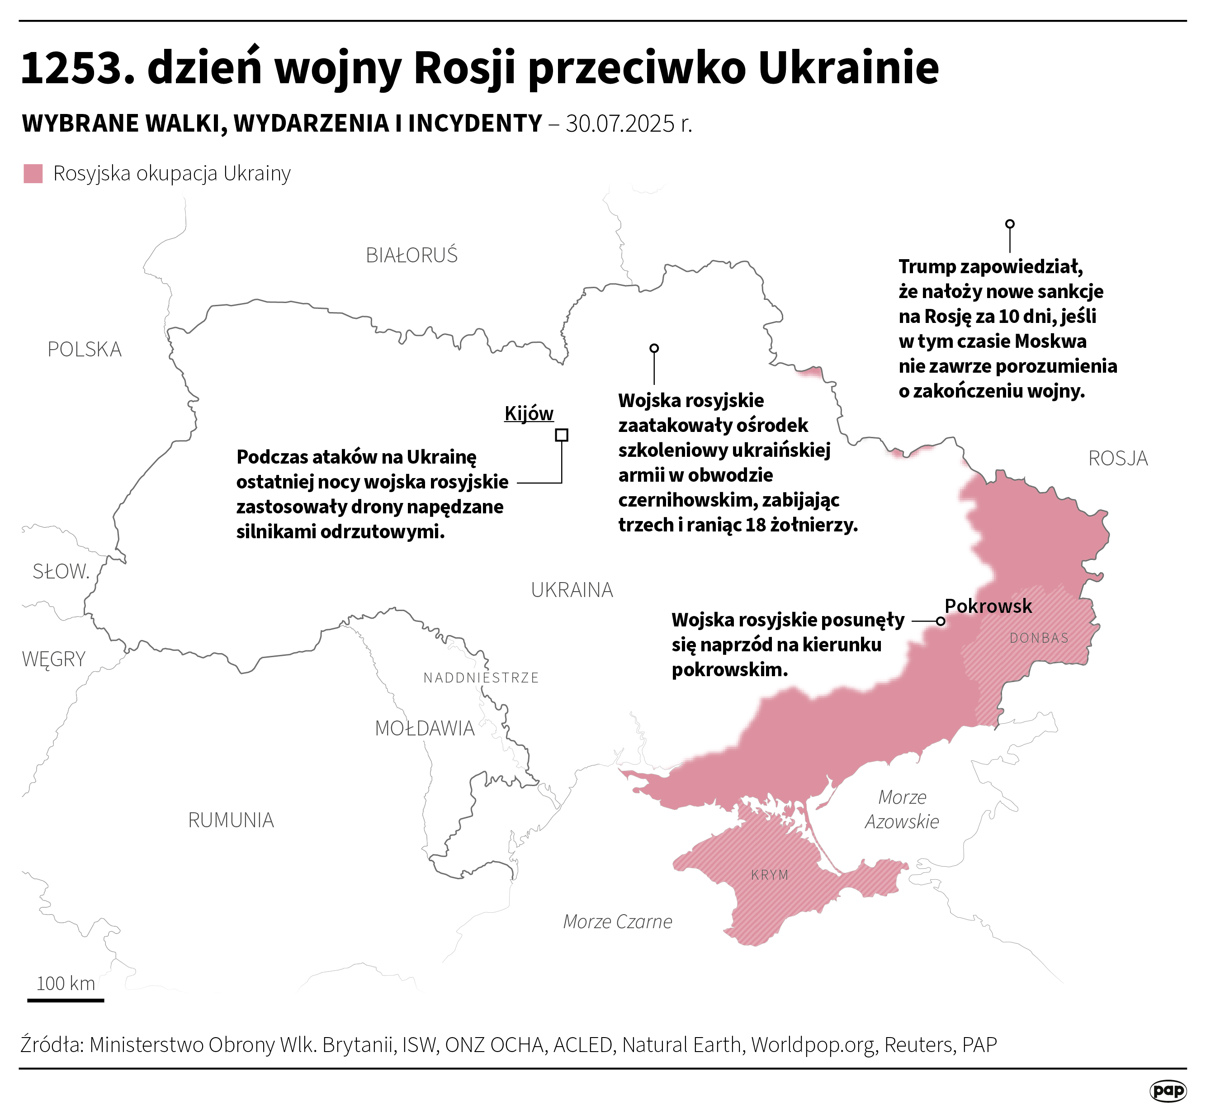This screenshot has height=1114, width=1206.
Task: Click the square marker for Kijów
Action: coord(561,435)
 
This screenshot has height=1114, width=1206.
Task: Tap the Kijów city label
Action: coord(529,413)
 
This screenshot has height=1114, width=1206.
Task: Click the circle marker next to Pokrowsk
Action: coord(940,621)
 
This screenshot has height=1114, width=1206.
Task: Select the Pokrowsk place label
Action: coord(988,606)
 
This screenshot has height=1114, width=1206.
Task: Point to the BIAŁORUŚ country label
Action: coord(411,256)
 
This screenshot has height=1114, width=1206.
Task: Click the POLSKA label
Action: coord(85,350)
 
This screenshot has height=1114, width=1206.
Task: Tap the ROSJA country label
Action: coord(1117,459)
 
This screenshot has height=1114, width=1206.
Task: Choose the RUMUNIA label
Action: coord(231,820)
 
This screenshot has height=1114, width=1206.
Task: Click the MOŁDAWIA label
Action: coord(424,728)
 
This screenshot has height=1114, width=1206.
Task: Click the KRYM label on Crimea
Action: coord(770,875)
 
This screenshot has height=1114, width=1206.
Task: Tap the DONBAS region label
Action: coord(1038,638)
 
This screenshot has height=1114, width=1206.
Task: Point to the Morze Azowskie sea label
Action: coord(902,809)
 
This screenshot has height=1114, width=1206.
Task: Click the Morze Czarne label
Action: coord(617,921)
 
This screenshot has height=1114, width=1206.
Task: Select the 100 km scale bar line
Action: coord(66,1000)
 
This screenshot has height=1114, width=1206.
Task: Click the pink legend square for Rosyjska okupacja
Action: coord(33,174)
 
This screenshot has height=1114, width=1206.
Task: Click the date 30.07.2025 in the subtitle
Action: coord(620,123)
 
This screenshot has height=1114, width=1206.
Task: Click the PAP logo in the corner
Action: coord(1168,1090)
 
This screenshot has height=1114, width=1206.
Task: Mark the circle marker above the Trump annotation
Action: coord(1009,223)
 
